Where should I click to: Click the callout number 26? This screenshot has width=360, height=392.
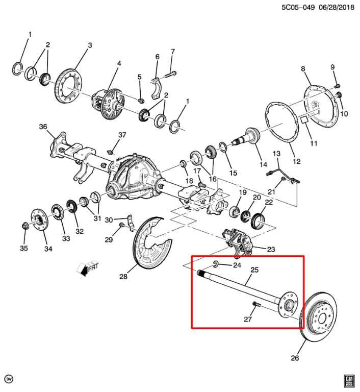point(295,358)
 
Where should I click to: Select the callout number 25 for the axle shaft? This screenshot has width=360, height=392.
point(255,269)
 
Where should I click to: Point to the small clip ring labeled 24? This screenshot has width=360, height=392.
point(216,264)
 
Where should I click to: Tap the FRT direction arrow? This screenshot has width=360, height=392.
point(85,268)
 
